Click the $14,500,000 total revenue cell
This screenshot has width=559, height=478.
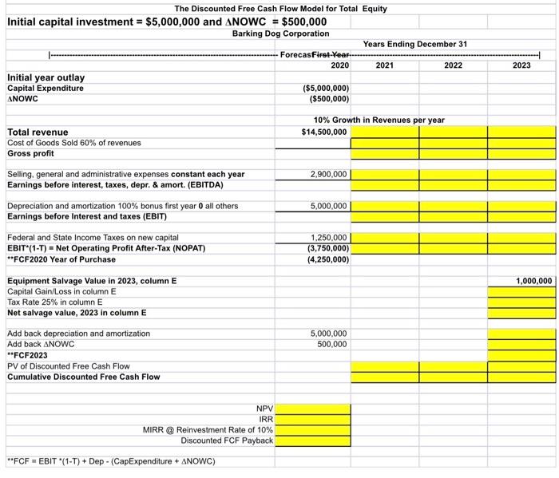325,132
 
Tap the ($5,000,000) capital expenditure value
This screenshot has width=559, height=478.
326,88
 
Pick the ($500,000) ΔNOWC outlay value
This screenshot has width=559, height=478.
328,99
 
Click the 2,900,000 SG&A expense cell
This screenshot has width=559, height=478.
329,173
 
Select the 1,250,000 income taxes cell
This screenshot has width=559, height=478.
329,237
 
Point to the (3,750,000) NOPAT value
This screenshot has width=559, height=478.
327,247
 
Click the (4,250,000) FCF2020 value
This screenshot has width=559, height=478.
327,259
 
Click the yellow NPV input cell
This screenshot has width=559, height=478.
314,409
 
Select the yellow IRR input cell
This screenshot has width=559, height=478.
314,419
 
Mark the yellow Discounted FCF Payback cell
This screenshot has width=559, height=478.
314,440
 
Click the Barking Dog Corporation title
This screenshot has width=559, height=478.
280,34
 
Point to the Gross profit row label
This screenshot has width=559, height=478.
30,152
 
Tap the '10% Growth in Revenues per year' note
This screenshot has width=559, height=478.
374,120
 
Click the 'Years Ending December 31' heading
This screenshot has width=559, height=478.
414,44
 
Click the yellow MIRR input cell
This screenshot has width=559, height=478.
314,429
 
